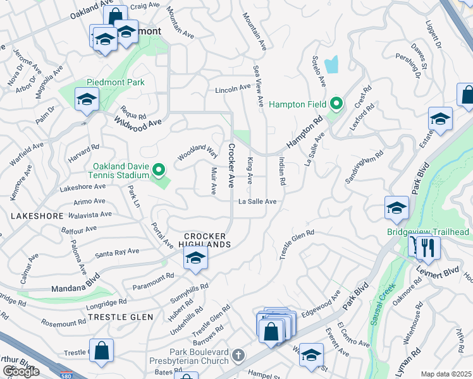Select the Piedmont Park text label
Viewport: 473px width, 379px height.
(117, 83)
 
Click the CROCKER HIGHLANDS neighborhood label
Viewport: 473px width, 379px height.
(204, 240)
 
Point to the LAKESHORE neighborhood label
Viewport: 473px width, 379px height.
(37, 216)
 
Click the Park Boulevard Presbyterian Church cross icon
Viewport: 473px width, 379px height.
(237, 356)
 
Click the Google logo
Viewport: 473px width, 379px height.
(20, 371)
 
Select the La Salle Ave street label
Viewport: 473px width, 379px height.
(257, 202)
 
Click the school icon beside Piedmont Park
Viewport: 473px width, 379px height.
(86, 99)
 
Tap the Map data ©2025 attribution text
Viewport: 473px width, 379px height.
(446, 374)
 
